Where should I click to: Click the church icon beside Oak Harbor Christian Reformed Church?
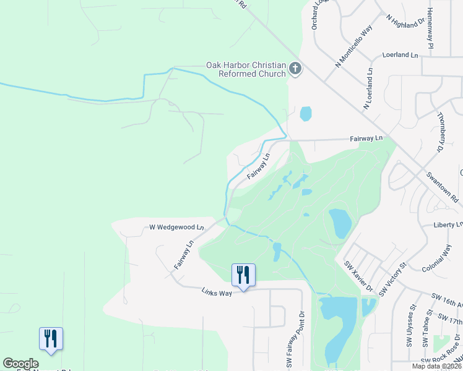pos(295,69)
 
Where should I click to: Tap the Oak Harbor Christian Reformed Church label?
pos(246,69)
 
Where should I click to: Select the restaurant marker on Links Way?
pos(243,275)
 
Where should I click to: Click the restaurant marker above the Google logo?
pos(51,338)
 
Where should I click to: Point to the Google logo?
pos(20,364)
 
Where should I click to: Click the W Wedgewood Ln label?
pos(176,228)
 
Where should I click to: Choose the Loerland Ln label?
pos(400,55)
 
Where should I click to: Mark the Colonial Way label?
pos(438,259)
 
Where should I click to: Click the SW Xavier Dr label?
pos(359,275)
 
